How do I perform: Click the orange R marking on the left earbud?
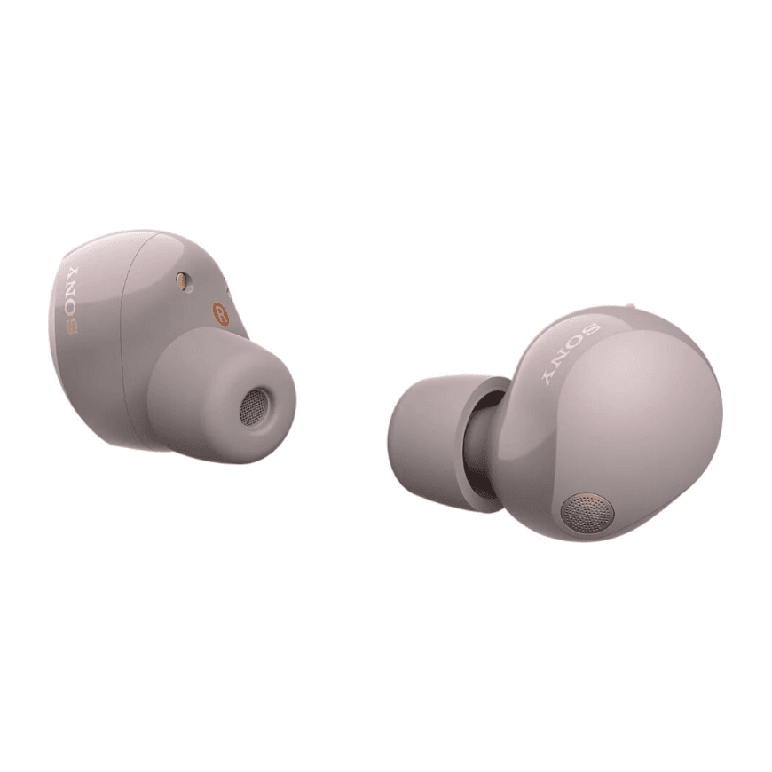pos(221,313)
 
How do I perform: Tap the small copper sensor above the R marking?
pos(183,281)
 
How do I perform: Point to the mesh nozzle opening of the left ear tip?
pos(254,407)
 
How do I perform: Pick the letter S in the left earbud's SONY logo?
pos(73,327)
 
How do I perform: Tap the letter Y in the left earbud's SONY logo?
pos(72,272)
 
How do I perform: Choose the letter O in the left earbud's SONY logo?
pos(71,310)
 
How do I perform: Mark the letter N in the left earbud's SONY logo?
pos(71,291)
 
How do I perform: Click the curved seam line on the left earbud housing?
pos(124,340)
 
